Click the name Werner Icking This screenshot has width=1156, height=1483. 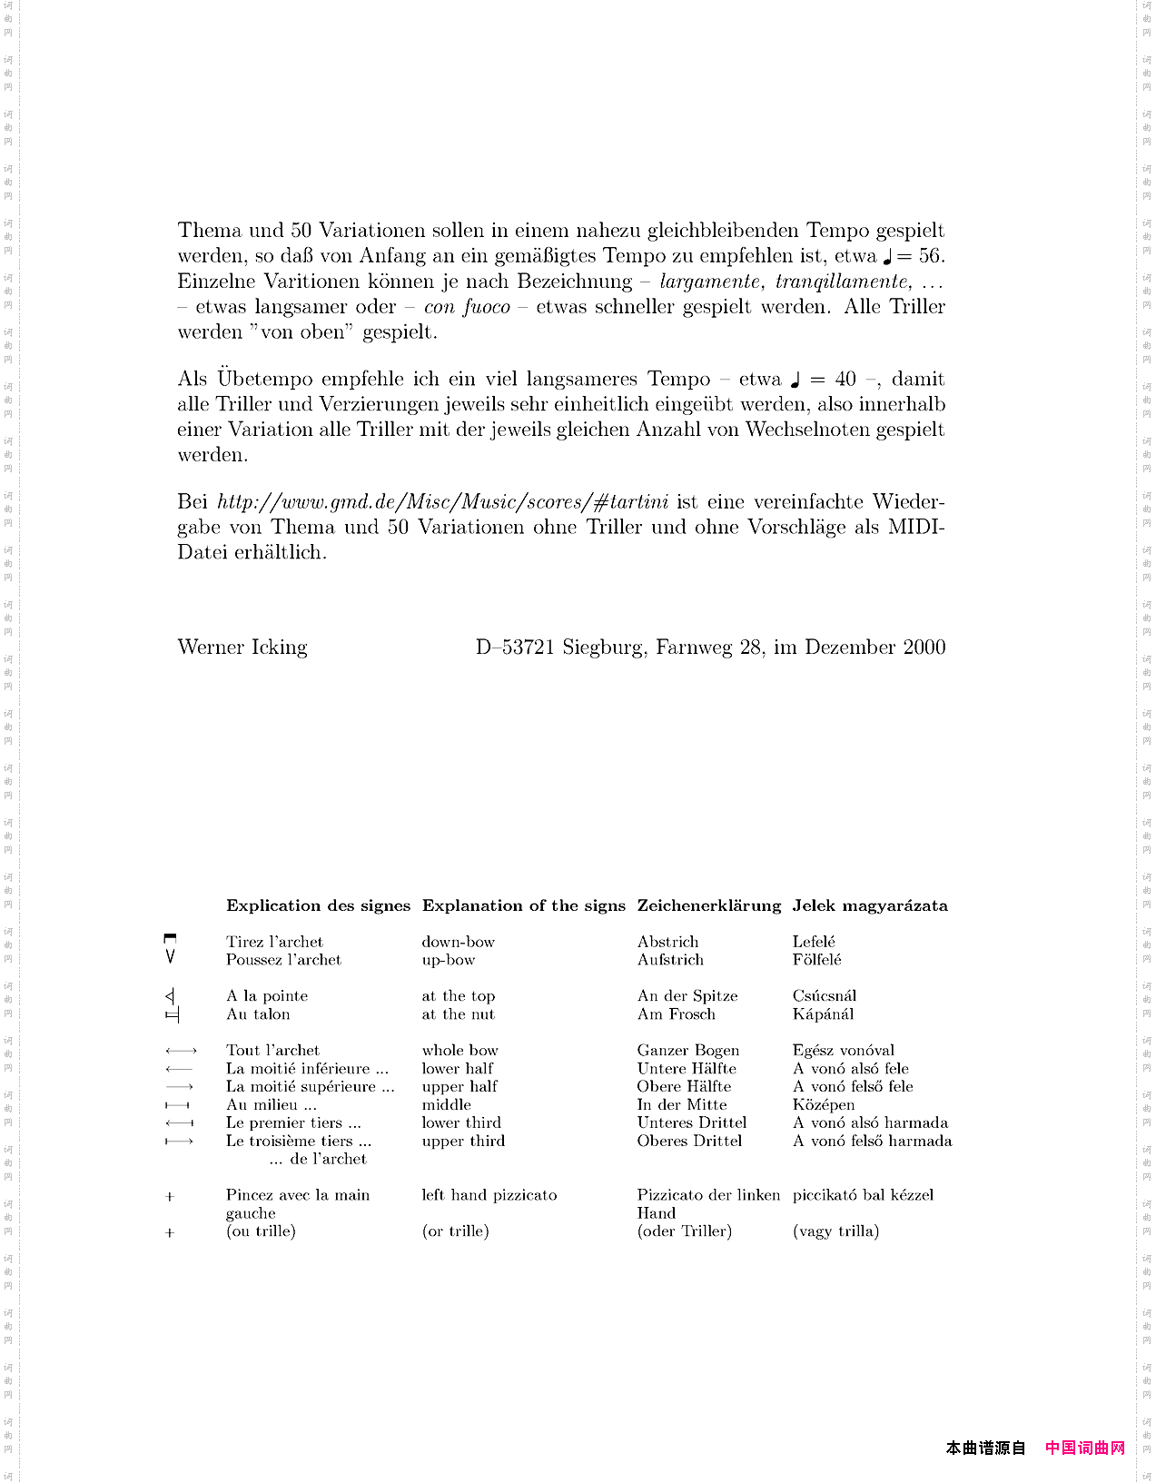click(242, 648)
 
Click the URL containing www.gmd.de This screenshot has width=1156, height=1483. click(442, 502)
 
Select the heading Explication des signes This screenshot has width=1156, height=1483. click(318, 905)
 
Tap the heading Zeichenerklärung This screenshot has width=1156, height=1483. click(708, 905)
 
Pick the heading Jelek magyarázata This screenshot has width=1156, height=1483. click(869, 905)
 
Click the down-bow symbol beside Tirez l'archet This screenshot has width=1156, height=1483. click(170, 938)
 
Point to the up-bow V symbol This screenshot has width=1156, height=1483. click(170, 957)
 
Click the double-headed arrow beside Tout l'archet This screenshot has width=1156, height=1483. click(181, 1051)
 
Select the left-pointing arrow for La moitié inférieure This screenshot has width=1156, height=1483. click(179, 1069)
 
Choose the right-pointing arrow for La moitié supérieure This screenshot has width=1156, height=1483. click(179, 1087)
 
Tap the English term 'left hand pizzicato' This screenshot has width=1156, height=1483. click(489, 1195)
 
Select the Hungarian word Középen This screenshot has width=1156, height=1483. click(823, 1105)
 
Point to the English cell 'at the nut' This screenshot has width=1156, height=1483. click(458, 1014)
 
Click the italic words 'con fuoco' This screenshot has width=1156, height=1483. click(467, 307)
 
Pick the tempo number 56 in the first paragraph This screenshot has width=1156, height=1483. click(932, 256)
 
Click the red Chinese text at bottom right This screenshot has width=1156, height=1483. click(1084, 1448)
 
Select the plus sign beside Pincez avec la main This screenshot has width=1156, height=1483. click(170, 1197)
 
